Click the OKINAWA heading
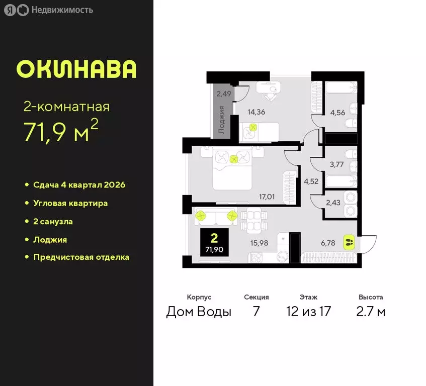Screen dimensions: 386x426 click(76, 69)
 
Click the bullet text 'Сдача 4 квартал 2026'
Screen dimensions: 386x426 click(79, 184)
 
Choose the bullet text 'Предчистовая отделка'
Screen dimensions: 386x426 click(81, 257)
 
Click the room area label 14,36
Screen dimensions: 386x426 click(257, 112)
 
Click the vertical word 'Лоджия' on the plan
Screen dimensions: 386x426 click(222, 120)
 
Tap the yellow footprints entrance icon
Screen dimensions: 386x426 click(350, 242)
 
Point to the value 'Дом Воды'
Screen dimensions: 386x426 click(199, 312)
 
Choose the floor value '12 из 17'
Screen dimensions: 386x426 click(307, 312)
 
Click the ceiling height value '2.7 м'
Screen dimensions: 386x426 click(371, 312)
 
